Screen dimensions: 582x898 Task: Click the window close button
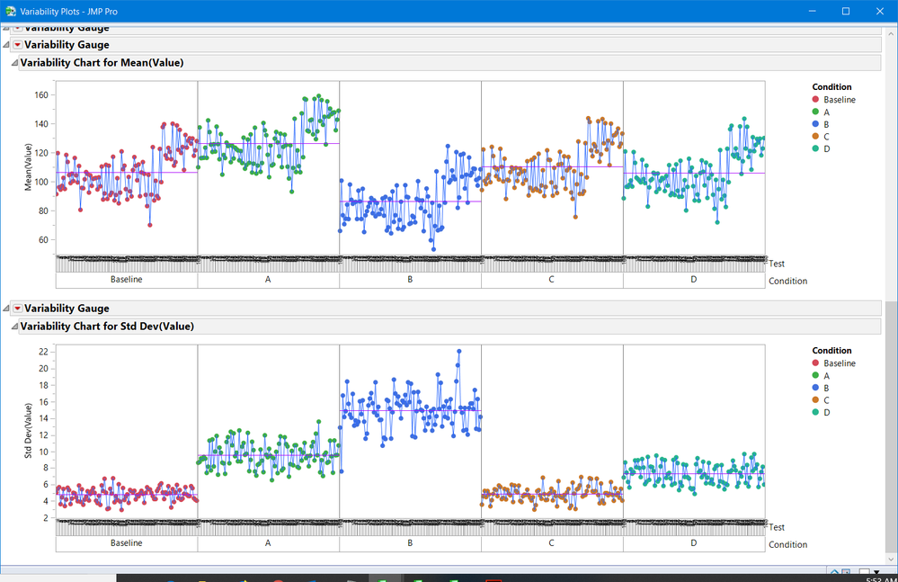877,11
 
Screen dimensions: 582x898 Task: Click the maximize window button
846,11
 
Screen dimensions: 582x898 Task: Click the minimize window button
813,11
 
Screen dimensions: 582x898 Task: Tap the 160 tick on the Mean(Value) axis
40,95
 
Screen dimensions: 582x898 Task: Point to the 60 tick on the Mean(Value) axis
42,240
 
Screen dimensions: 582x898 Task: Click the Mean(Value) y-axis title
29,167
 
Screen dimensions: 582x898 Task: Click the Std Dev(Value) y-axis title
29,431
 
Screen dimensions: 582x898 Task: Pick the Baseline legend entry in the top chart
839,100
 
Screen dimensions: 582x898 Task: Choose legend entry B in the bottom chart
826,388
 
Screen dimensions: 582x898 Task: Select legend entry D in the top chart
826,148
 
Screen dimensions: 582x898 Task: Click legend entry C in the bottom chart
826,399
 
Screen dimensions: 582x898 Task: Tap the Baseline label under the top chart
126,280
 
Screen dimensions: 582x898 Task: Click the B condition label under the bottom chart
410,543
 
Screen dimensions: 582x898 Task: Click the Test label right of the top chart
777,264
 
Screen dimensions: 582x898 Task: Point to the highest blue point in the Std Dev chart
458,352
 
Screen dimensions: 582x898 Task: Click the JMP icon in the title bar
10,11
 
